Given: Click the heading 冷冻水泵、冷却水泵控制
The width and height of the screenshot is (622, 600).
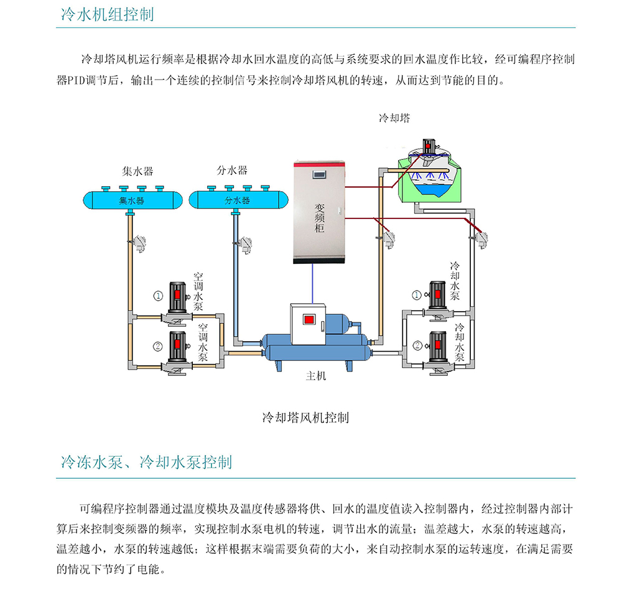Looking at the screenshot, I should [x=146, y=462].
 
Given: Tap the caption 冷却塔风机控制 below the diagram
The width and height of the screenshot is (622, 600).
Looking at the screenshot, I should [x=305, y=417].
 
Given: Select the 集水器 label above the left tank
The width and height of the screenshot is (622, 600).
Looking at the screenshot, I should [x=137, y=170].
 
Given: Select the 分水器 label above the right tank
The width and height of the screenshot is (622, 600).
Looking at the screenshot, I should [x=232, y=170].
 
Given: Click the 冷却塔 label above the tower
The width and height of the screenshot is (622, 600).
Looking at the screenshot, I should [x=394, y=118].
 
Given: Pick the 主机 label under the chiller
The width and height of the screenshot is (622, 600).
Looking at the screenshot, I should [x=316, y=376].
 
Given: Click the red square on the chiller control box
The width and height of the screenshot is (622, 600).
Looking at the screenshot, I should [x=309, y=320].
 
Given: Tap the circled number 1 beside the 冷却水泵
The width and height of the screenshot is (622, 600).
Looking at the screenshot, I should [x=417, y=294].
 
